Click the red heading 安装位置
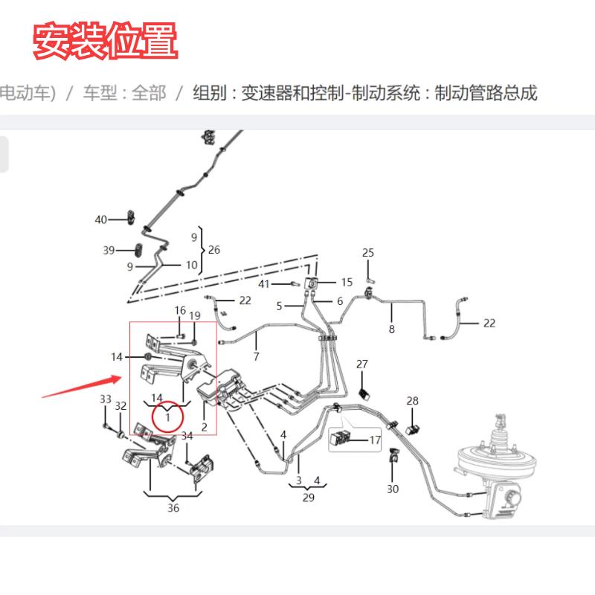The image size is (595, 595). click(105, 42)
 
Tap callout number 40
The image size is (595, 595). click(101, 219)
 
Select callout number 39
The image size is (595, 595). click(109, 250)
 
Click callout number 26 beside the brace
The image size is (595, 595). click(214, 250)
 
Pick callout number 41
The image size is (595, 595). click(263, 285)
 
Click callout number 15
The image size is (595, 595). click(347, 282)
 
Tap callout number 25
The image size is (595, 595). click(368, 253)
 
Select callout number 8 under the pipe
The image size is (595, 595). click(392, 329)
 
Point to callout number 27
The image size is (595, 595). click(362, 364)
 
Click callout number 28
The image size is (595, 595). click(413, 402)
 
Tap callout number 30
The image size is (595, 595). click(393, 489)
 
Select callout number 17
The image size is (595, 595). click(375, 440)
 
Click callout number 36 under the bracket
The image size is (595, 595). click(173, 509)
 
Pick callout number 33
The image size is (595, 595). click(105, 399)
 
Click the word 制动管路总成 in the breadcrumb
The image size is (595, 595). click(486, 94)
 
